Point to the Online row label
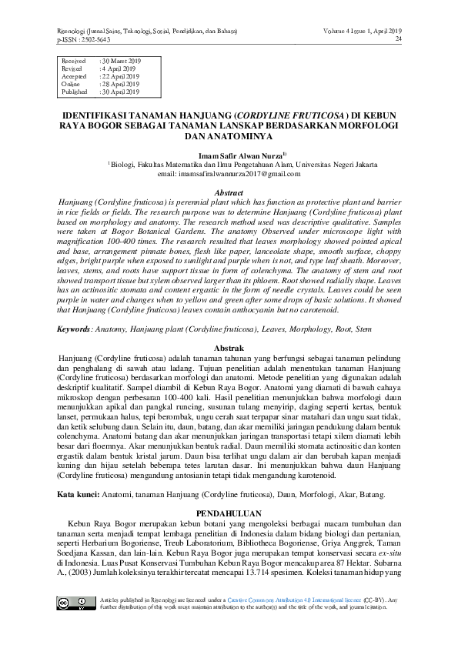71,84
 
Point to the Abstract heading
229,192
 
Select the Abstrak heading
229,349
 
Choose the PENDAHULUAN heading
229,513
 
